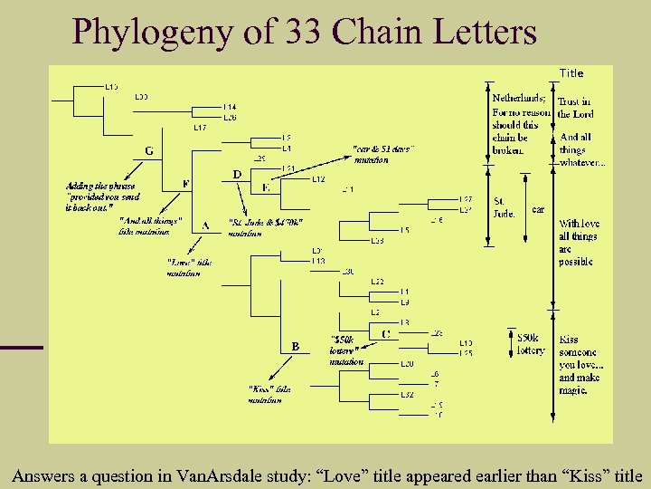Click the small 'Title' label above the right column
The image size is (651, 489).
pos(571,73)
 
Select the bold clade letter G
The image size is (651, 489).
pos(149,150)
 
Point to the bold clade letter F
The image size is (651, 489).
pos(186,184)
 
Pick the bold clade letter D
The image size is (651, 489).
pos(237,173)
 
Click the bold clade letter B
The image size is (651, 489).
pos(295,346)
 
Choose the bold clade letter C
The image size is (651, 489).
pos(386,333)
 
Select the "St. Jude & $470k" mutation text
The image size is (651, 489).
pos(266,226)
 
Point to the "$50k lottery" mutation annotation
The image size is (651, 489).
pos(346,350)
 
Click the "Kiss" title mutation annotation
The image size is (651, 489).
pos(270,394)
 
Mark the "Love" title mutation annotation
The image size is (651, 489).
pos(189,267)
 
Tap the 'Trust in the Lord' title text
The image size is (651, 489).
pos(574,108)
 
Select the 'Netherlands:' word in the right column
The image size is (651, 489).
pos(518,98)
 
